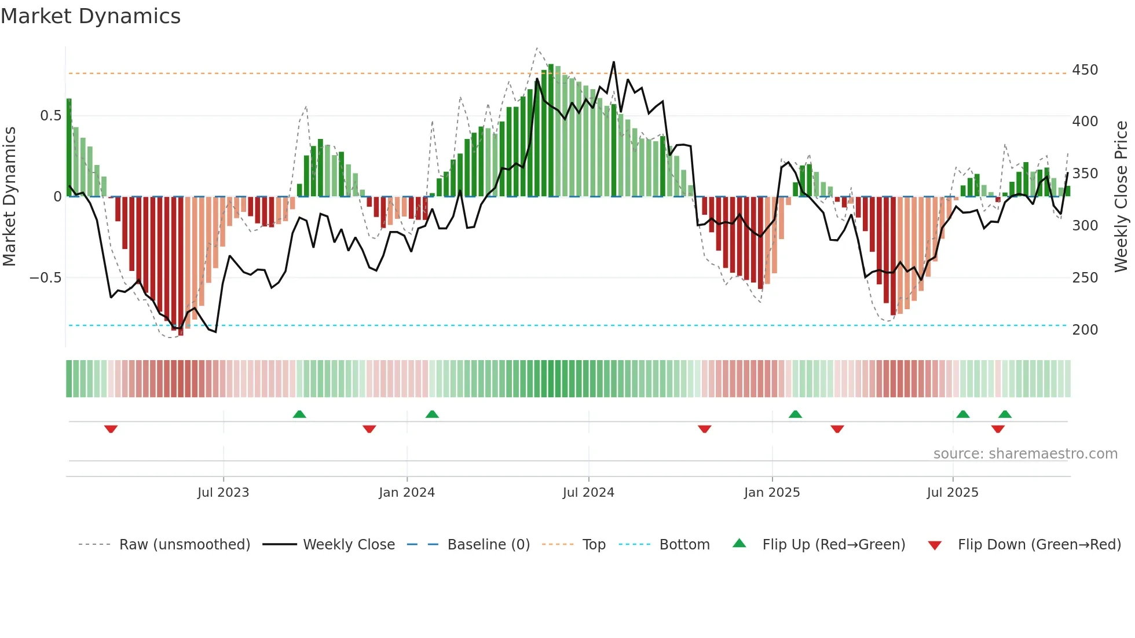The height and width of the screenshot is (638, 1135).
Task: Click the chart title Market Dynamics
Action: (91, 16)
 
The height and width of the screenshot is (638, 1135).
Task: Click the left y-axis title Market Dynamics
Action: (9, 197)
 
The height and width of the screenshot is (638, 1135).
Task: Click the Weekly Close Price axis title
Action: (1121, 197)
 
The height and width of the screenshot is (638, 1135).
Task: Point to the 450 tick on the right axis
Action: (1085, 70)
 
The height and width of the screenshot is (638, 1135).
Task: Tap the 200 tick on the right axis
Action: (1085, 330)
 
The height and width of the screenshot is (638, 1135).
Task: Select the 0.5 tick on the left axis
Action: (50, 116)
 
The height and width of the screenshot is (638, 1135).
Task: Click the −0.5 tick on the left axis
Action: (45, 278)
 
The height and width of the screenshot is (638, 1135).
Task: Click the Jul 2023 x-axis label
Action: (223, 493)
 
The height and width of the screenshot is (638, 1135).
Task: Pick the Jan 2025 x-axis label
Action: (771, 493)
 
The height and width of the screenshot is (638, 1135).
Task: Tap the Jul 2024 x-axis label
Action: (588, 493)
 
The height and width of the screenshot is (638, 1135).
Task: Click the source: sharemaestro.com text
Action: (1025, 454)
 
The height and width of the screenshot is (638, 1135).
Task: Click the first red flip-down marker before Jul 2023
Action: (111, 429)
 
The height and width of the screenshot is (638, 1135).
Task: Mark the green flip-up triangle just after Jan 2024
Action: (432, 414)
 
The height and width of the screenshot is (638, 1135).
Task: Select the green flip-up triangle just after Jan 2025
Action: (795, 414)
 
